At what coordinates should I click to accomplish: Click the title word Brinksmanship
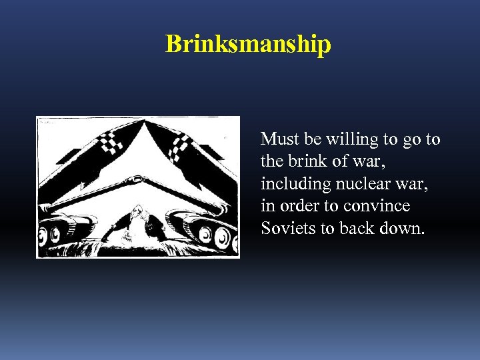(x=248, y=44)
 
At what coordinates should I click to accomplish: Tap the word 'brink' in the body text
(x=305, y=161)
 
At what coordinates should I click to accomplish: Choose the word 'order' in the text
(x=298, y=206)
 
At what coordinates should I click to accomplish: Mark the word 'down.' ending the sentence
(x=403, y=228)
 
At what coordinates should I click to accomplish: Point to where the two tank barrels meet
(x=138, y=179)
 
